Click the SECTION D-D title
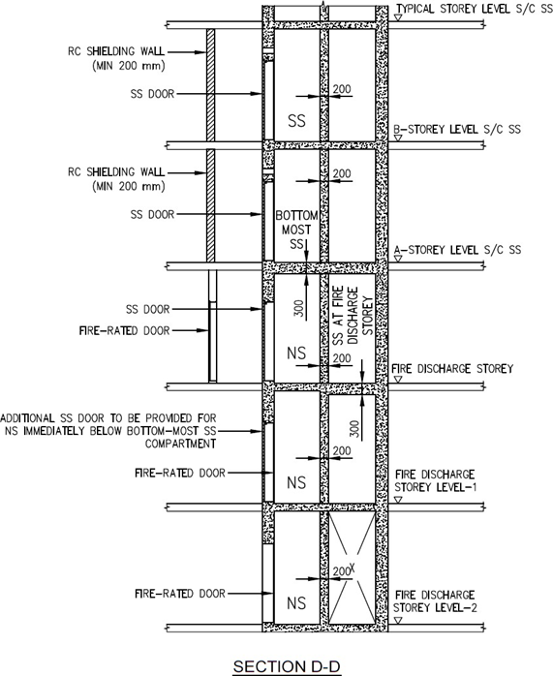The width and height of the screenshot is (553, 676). [287, 666]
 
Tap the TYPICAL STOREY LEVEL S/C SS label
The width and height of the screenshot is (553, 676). [475, 9]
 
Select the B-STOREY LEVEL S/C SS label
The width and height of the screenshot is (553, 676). [457, 130]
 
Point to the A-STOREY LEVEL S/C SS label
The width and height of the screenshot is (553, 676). [457, 250]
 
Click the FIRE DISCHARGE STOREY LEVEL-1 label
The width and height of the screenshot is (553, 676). [436, 480]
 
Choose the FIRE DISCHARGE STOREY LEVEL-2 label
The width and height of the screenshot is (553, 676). [435, 601]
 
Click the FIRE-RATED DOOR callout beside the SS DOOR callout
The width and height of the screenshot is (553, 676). [125, 330]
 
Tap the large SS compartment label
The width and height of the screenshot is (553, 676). [296, 121]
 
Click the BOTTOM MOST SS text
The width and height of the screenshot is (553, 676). [296, 230]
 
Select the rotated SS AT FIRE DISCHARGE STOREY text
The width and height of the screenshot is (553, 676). [353, 316]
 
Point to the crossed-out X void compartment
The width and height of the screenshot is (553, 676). [352, 568]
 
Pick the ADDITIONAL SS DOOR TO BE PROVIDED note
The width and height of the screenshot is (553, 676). [108, 431]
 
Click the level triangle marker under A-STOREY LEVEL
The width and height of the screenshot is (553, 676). [399, 259]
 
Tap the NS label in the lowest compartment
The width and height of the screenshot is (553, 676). [296, 603]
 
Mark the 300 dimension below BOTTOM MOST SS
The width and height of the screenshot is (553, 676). [299, 308]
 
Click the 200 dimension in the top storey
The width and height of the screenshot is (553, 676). [342, 89]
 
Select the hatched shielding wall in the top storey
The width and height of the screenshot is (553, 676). [210, 84]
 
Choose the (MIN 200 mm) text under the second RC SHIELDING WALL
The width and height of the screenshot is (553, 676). [129, 186]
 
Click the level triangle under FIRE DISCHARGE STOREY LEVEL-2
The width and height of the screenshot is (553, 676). [399, 621]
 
